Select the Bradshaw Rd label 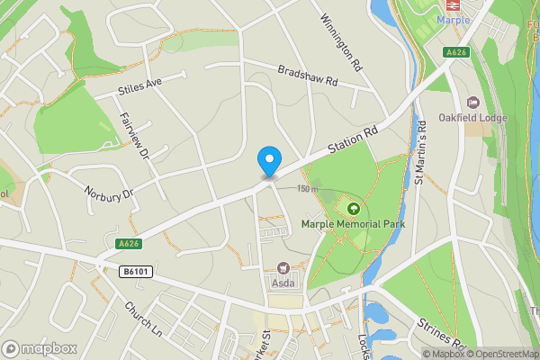click(x=307, y=75)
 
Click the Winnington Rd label click(x=342, y=42)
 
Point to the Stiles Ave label click(x=139, y=86)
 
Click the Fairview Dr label click(x=134, y=136)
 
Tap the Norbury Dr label click(x=108, y=192)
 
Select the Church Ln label click(x=143, y=318)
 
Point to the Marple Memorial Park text click(x=353, y=224)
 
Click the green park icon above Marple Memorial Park click(x=352, y=209)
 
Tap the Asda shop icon click(x=283, y=268)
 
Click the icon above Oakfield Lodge click(x=473, y=103)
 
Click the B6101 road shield click(x=133, y=271)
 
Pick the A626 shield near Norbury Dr click(x=129, y=243)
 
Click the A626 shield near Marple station click(x=457, y=53)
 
